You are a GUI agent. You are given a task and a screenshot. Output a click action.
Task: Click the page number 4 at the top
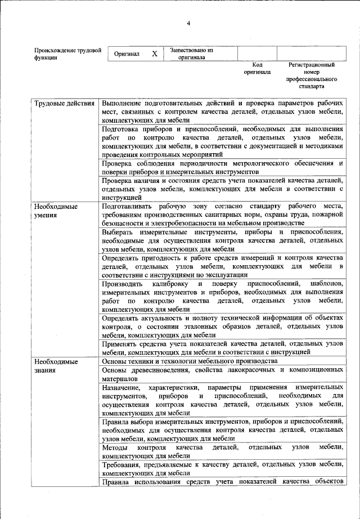(190, 23)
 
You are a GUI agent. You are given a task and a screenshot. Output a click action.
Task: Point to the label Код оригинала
(257, 68)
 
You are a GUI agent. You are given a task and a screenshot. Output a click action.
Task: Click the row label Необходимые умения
(55, 211)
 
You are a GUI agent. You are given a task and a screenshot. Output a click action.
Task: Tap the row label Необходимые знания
(55, 365)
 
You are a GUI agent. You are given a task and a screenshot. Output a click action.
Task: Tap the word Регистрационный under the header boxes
(312, 65)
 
